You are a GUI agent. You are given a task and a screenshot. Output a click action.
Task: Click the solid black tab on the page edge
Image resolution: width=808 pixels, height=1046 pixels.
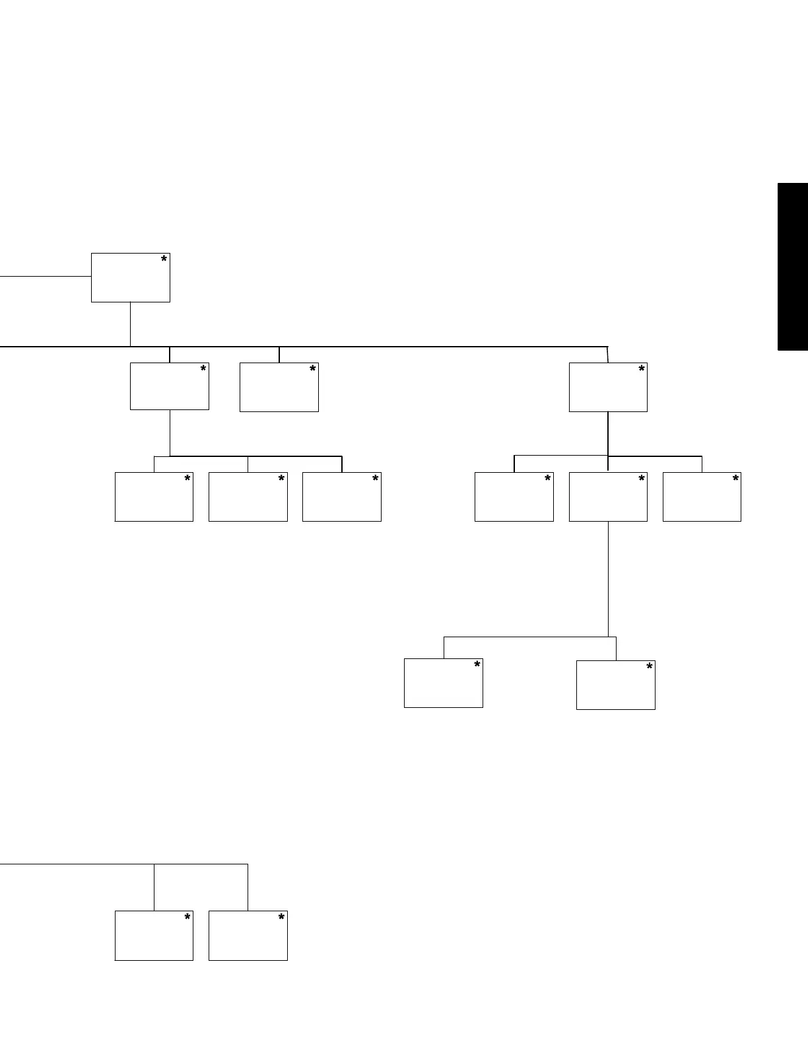pos(793,266)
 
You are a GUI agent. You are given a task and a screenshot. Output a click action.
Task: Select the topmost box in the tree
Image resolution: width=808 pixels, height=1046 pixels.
pos(130,277)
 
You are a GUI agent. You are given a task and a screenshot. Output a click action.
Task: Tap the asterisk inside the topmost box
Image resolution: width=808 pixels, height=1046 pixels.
pos(164,260)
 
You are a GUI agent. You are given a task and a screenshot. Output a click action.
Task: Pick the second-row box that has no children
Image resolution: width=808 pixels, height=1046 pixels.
pos(279,387)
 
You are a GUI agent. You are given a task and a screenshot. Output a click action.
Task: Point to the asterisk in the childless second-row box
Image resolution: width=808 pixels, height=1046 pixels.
pos(312,370)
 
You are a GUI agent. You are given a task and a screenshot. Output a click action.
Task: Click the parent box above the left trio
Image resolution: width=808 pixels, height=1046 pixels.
pos(170,386)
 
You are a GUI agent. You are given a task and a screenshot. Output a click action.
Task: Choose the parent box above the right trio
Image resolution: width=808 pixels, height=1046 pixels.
pos(608,387)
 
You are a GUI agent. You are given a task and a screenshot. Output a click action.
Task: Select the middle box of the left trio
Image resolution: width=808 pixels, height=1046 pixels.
pos(248,497)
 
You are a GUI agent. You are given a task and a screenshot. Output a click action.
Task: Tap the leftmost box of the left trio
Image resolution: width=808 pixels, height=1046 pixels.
pos(154,497)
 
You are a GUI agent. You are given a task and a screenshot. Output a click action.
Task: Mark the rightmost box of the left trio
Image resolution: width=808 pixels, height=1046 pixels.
pos(341,497)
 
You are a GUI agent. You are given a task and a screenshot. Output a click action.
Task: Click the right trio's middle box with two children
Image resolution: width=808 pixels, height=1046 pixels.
pos(608,497)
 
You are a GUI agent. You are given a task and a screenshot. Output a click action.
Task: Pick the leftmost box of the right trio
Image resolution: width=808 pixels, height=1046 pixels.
pos(514,497)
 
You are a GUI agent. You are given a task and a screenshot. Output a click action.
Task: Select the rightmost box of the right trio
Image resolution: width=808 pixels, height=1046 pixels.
pos(702,497)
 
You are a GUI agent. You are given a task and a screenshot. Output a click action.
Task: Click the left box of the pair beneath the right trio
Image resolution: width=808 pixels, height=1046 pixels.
pos(443,683)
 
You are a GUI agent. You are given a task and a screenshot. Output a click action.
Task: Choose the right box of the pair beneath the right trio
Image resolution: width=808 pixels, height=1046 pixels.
pos(615,685)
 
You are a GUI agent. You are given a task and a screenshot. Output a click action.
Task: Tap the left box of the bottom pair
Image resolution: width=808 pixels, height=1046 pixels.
pos(154,936)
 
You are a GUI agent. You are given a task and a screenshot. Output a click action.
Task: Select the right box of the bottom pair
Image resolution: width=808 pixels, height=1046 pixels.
pos(248,936)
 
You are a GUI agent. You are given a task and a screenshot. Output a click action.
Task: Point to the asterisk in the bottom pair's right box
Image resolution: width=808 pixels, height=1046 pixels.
pos(281,918)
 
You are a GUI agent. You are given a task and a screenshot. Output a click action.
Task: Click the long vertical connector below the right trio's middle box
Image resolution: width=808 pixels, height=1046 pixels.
pos(608,578)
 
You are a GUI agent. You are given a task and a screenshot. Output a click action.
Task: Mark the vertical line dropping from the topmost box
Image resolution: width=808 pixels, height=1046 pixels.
pos(130,324)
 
